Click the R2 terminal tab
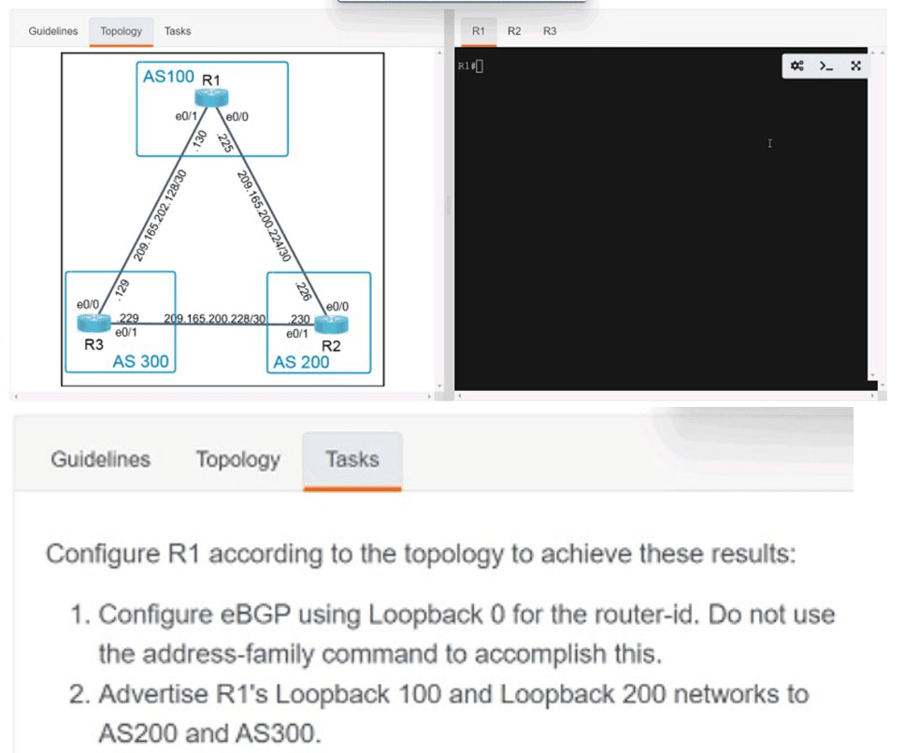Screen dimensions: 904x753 [513, 31]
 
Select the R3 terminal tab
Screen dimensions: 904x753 [550, 31]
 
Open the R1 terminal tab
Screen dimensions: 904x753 [479, 31]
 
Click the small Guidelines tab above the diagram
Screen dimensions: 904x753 [53, 31]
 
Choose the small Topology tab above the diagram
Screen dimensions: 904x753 [122, 31]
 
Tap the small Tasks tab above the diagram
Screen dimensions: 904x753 [178, 31]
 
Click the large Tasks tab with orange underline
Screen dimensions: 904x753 [352, 460]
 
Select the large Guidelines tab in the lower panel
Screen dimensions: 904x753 [100, 459]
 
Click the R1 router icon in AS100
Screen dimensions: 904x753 [211, 97]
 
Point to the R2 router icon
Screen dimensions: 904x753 [332, 325]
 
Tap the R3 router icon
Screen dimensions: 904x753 [93, 323]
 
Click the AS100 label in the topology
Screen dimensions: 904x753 [168, 76]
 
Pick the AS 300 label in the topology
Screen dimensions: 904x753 [140, 361]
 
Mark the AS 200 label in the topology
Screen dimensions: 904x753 [301, 362]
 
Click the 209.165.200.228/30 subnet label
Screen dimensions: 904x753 [214, 319]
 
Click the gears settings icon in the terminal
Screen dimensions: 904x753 [797, 65]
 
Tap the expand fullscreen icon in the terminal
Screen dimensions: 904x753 [856, 65]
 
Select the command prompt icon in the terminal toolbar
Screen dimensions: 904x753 [826, 65]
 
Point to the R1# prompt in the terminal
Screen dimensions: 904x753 [467, 65]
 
